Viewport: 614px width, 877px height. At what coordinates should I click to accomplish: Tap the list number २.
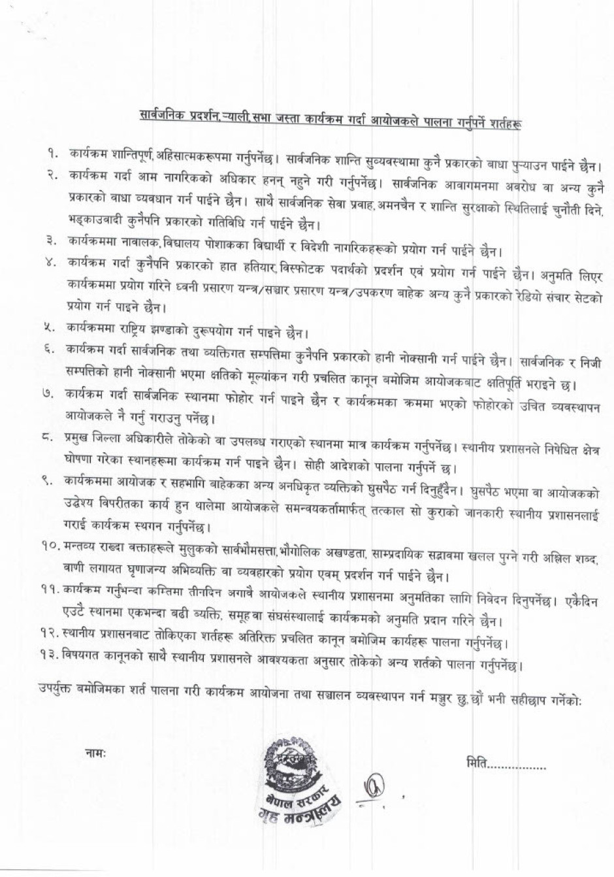[x=52, y=175]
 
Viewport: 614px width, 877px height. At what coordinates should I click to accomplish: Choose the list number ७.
[x=49, y=393]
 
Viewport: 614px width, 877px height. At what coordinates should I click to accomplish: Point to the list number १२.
[x=48, y=631]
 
